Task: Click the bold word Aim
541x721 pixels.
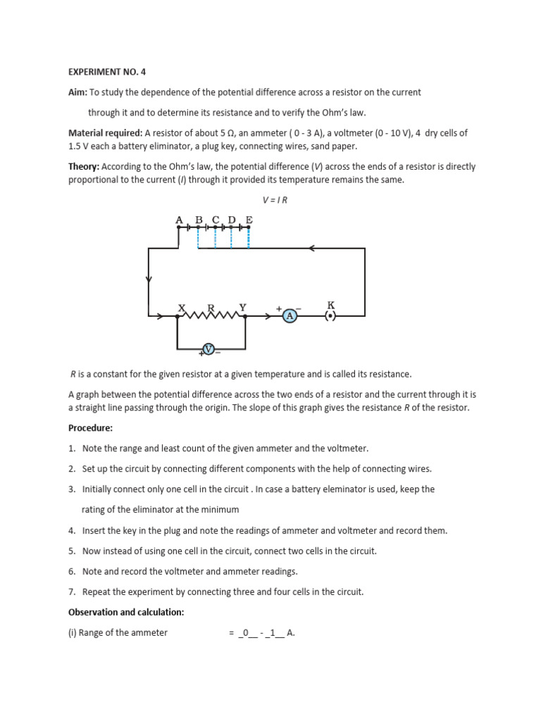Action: (x=77, y=92)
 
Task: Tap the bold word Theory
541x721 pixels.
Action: (x=84, y=167)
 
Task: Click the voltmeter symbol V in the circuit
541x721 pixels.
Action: (x=209, y=349)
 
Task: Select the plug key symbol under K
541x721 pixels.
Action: (x=330, y=317)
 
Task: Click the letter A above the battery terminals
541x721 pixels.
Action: (x=179, y=220)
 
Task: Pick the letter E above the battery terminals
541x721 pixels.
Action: (x=249, y=220)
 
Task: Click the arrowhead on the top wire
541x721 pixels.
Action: (x=311, y=248)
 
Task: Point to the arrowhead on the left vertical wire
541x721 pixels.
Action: (x=149, y=280)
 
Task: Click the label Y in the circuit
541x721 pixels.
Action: (x=243, y=307)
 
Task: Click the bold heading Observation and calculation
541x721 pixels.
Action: (x=125, y=612)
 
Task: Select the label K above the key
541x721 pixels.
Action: (x=330, y=305)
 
